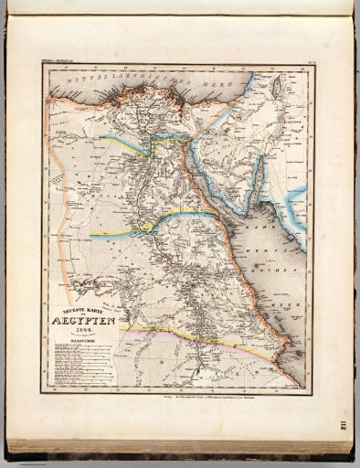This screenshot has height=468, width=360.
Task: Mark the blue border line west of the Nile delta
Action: coord(123,143)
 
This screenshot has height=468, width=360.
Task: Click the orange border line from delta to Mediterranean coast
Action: coord(206,123)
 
